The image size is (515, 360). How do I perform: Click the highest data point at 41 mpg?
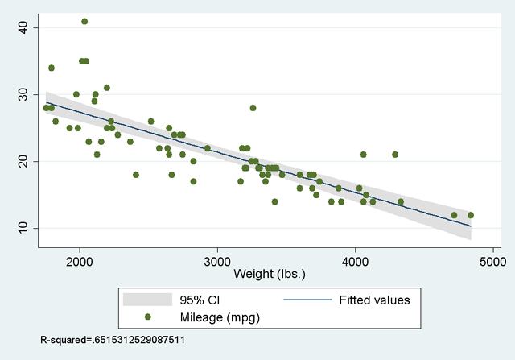click(x=84, y=21)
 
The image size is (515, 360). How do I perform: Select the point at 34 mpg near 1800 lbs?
click(x=51, y=68)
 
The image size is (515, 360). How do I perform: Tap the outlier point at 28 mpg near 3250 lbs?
click(x=253, y=108)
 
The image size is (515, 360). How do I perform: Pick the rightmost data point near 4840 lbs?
click(x=471, y=215)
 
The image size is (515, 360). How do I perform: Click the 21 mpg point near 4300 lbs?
click(x=395, y=155)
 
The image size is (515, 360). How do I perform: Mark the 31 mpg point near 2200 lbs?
click(x=107, y=88)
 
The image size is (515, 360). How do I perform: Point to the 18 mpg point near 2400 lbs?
click(x=136, y=175)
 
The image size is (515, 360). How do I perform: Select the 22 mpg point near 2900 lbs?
click(x=208, y=148)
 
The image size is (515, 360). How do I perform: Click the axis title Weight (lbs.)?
click(x=270, y=275)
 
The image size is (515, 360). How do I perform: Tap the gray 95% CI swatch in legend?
click(x=148, y=300)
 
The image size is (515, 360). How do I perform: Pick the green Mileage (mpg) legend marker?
click(x=148, y=317)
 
